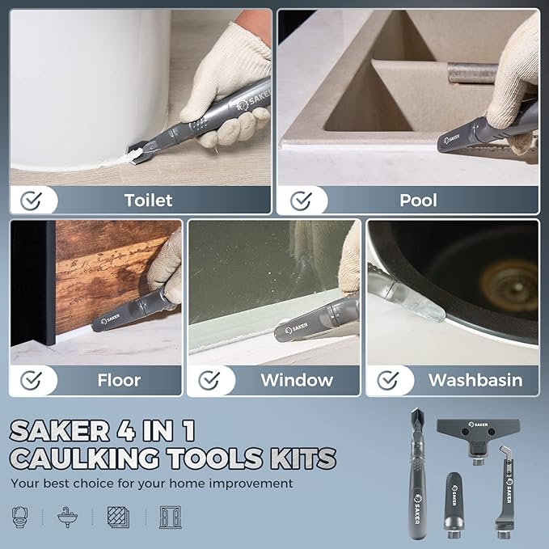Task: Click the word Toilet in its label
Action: pyautogui.click(x=148, y=200)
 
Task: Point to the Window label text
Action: pyautogui.click(x=297, y=379)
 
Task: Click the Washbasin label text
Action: pyautogui.click(x=475, y=379)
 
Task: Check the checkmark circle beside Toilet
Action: pyautogui.click(x=31, y=200)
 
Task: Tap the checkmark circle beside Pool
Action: pyautogui.click(x=301, y=200)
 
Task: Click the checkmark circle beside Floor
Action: pyautogui.click(x=31, y=379)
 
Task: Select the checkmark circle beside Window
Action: pyautogui.click(x=209, y=379)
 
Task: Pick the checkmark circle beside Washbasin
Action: pyautogui.click(x=388, y=379)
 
